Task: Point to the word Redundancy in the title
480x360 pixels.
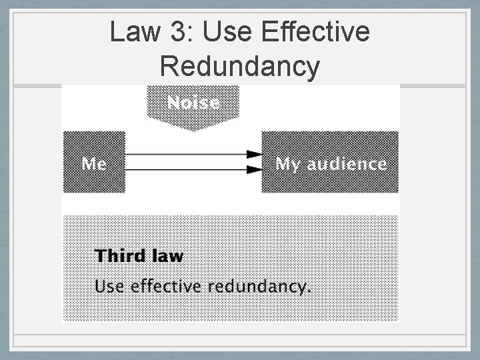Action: coord(240,67)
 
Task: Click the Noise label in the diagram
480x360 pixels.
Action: coord(193,103)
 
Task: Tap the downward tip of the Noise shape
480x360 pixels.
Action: coord(193,128)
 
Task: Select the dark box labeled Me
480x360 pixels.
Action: coord(94,163)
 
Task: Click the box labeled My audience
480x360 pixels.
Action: coord(330,163)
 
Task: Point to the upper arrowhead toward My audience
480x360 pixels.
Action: coord(255,154)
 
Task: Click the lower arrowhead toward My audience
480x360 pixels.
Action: coord(255,170)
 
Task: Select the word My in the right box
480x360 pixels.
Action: coord(287,164)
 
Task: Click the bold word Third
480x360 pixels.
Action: coord(121,256)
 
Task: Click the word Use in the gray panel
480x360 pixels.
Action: coord(110,287)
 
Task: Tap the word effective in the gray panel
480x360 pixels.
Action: coord(166,287)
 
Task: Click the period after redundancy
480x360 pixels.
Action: coord(309,291)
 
